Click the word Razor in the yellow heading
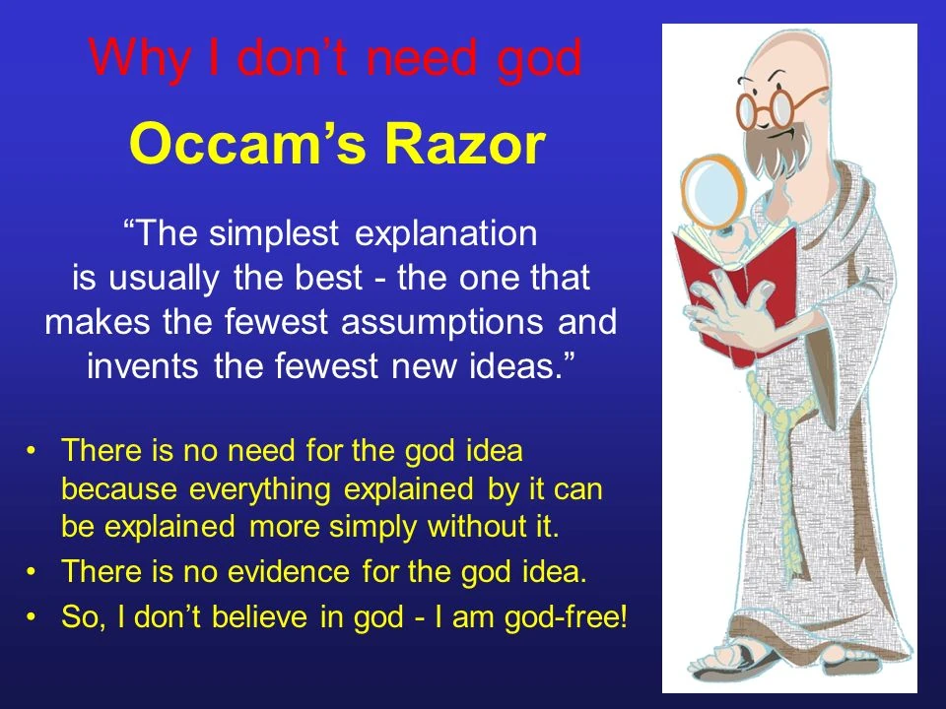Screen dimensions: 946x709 tap(464, 145)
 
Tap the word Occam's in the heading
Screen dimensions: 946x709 tap(247, 145)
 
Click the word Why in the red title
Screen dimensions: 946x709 tap(139, 58)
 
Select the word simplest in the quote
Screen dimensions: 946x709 tap(274, 233)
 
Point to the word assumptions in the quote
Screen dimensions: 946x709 tap(441, 322)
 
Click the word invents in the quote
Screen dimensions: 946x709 tap(142, 366)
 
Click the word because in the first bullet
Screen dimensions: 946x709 tap(119, 489)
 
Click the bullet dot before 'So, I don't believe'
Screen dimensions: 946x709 tap(32, 616)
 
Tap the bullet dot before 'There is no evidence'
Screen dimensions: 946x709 tap(32, 571)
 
